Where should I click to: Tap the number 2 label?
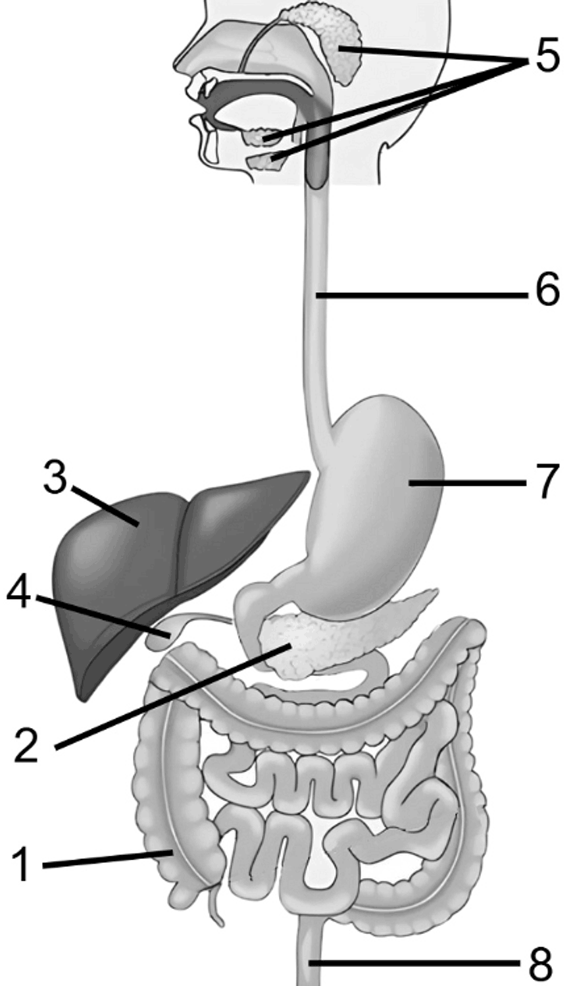coord(26,745)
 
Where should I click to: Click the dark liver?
coord(145,559)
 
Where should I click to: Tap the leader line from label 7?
coord(468,483)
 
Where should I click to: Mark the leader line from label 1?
coord(107,860)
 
